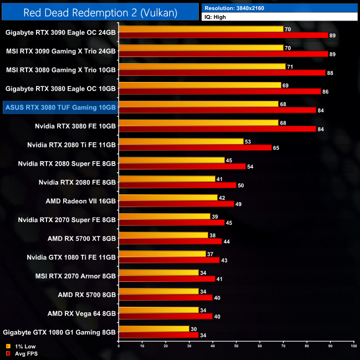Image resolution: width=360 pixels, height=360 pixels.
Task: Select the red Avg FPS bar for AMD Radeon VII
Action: click(x=176, y=204)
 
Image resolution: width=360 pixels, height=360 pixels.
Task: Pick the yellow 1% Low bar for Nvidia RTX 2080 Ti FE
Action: click(x=181, y=141)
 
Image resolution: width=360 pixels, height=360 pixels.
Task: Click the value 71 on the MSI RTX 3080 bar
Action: click(x=290, y=66)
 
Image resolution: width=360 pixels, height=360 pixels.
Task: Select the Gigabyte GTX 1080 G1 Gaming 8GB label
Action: click(x=60, y=332)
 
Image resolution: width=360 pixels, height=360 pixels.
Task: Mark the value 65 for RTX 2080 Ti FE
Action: click(x=276, y=148)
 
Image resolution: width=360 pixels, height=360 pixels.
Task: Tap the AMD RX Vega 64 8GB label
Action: click(x=81, y=313)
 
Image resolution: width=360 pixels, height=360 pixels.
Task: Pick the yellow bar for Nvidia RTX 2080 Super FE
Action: click(x=172, y=160)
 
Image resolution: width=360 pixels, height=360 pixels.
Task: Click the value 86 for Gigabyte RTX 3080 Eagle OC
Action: click(x=325, y=91)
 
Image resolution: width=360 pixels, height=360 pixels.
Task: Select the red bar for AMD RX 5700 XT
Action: click(x=170, y=241)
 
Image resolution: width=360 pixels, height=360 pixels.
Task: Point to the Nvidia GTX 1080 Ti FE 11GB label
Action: click(x=71, y=257)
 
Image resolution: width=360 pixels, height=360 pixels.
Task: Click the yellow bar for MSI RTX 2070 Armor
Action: click(x=158, y=272)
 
